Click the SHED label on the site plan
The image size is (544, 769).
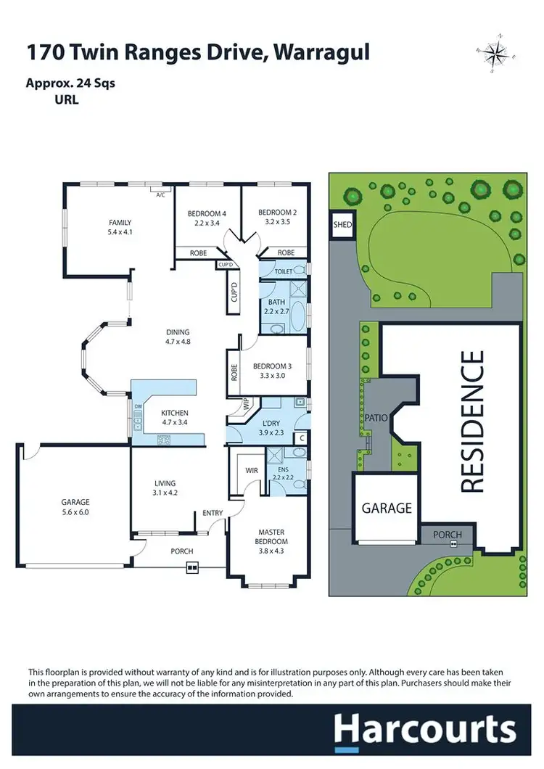(342, 225)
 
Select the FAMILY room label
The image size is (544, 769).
(120, 222)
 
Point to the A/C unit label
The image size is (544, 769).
(161, 194)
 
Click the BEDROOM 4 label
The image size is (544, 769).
(207, 213)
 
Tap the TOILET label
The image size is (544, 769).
(284, 271)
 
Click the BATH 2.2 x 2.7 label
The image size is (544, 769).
(276, 307)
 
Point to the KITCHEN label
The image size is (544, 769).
(175, 413)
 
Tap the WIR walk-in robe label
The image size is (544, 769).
(252, 471)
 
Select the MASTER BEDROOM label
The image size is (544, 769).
(272, 537)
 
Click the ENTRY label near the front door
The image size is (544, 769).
(213, 513)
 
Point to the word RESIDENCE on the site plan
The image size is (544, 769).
(471, 422)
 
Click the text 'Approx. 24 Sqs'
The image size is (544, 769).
(71, 83)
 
